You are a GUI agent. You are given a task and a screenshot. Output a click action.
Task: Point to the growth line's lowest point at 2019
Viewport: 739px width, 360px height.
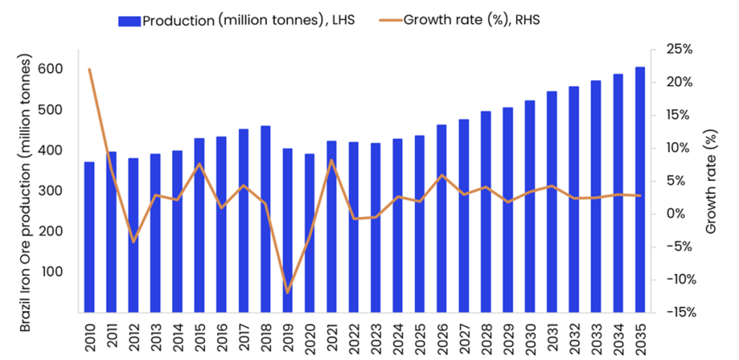287,292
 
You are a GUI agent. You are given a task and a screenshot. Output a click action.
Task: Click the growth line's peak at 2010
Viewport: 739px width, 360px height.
89,69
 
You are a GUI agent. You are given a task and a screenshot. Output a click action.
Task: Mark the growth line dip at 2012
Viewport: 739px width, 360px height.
134,242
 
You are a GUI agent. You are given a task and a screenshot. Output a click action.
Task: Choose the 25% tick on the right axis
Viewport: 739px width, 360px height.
679,50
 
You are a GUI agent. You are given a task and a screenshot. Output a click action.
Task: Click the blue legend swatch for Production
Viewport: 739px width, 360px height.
130,20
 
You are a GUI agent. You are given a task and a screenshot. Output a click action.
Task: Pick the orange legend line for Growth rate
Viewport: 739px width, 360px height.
390,20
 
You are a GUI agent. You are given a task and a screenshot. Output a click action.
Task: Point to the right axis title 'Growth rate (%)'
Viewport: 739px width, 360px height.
712,181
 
